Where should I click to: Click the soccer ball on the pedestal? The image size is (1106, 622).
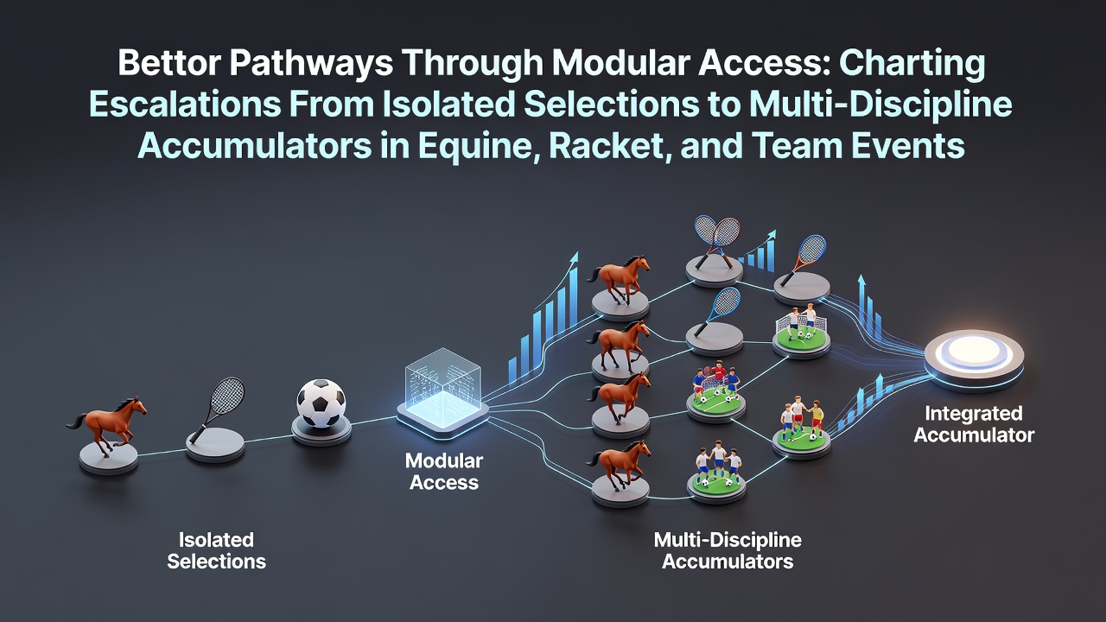coord(321,403)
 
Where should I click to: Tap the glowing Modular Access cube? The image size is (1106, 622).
coord(443,390)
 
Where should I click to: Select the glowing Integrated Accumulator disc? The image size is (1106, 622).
coord(974,360)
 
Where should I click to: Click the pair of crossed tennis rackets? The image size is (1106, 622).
coord(716,241)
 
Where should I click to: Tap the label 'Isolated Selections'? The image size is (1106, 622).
coord(216,550)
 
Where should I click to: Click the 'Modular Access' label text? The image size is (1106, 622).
coord(444,472)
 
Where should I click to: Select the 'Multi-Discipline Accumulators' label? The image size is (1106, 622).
coord(728,550)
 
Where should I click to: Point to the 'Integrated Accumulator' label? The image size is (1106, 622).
coord(974,424)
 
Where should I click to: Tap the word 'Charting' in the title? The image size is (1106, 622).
coord(912,64)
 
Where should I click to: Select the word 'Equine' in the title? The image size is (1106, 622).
coord(479,147)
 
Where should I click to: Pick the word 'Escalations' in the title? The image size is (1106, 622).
coord(185,105)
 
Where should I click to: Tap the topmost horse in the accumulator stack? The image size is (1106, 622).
coord(619,278)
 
